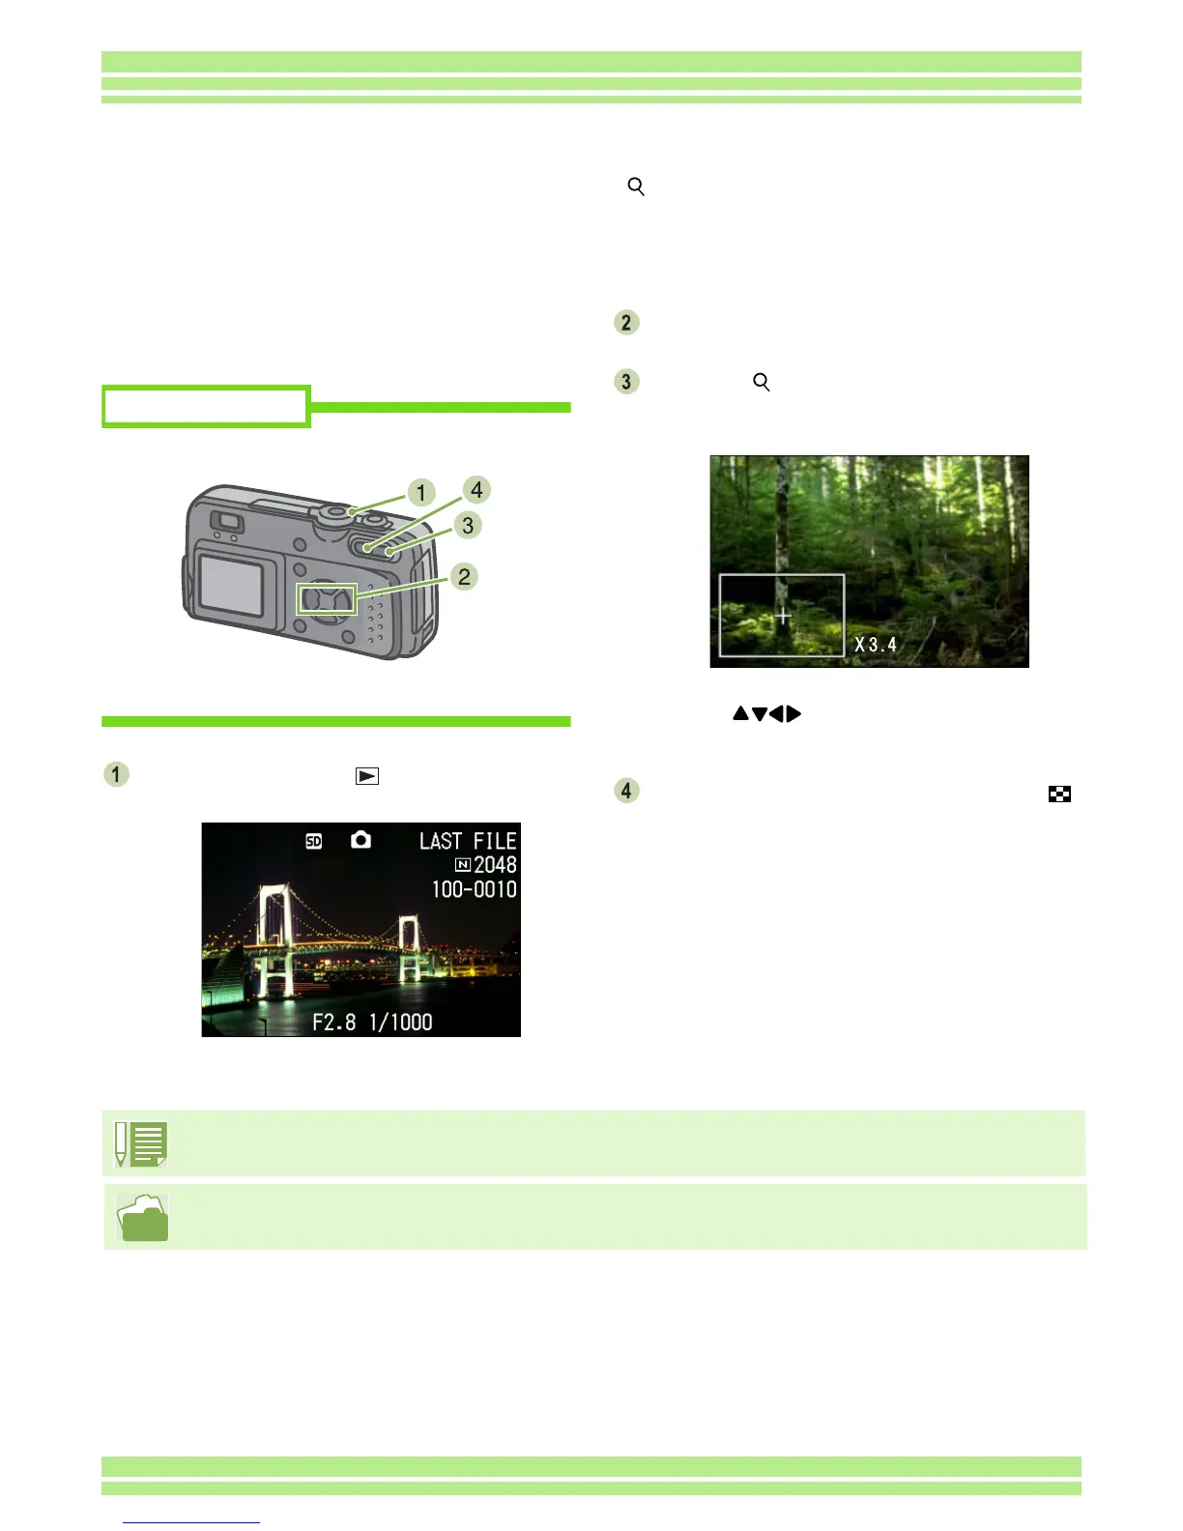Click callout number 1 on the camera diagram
tap(420, 493)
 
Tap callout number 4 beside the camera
tap(476, 490)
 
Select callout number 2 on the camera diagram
tap(464, 577)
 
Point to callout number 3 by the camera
tap(468, 525)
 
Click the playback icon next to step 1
tap(367, 776)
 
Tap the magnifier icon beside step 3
tap(762, 383)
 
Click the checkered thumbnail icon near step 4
tap(1059, 794)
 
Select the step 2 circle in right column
tap(626, 323)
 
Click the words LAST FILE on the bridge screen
tap(468, 841)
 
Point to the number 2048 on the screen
tap(495, 865)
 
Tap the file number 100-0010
tap(474, 889)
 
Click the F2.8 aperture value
tap(334, 1023)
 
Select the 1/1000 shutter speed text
tap(401, 1023)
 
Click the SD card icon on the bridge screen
tap(314, 842)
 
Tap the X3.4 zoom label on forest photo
tap(876, 645)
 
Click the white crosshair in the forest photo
tap(783, 615)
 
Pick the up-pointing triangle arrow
tap(740, 714)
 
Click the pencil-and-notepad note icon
tap(141, 1143)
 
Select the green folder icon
tap(142, 1218)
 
